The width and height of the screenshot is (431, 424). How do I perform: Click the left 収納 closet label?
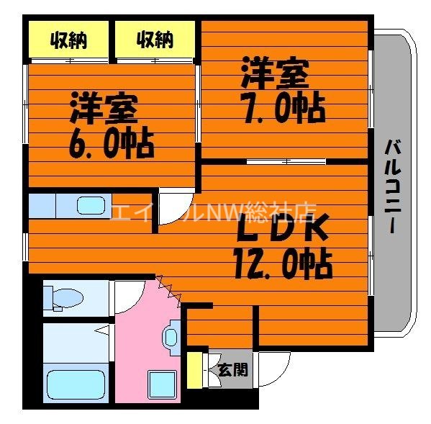68,40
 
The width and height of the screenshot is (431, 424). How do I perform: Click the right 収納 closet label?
155,40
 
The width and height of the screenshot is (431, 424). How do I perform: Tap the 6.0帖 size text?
112,143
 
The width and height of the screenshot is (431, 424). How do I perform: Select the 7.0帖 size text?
283,108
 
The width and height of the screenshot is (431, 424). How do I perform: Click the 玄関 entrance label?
232,370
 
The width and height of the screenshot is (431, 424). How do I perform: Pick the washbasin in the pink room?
171,336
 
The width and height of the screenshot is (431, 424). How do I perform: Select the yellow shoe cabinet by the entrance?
193,370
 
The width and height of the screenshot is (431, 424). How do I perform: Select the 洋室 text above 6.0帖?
104,109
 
